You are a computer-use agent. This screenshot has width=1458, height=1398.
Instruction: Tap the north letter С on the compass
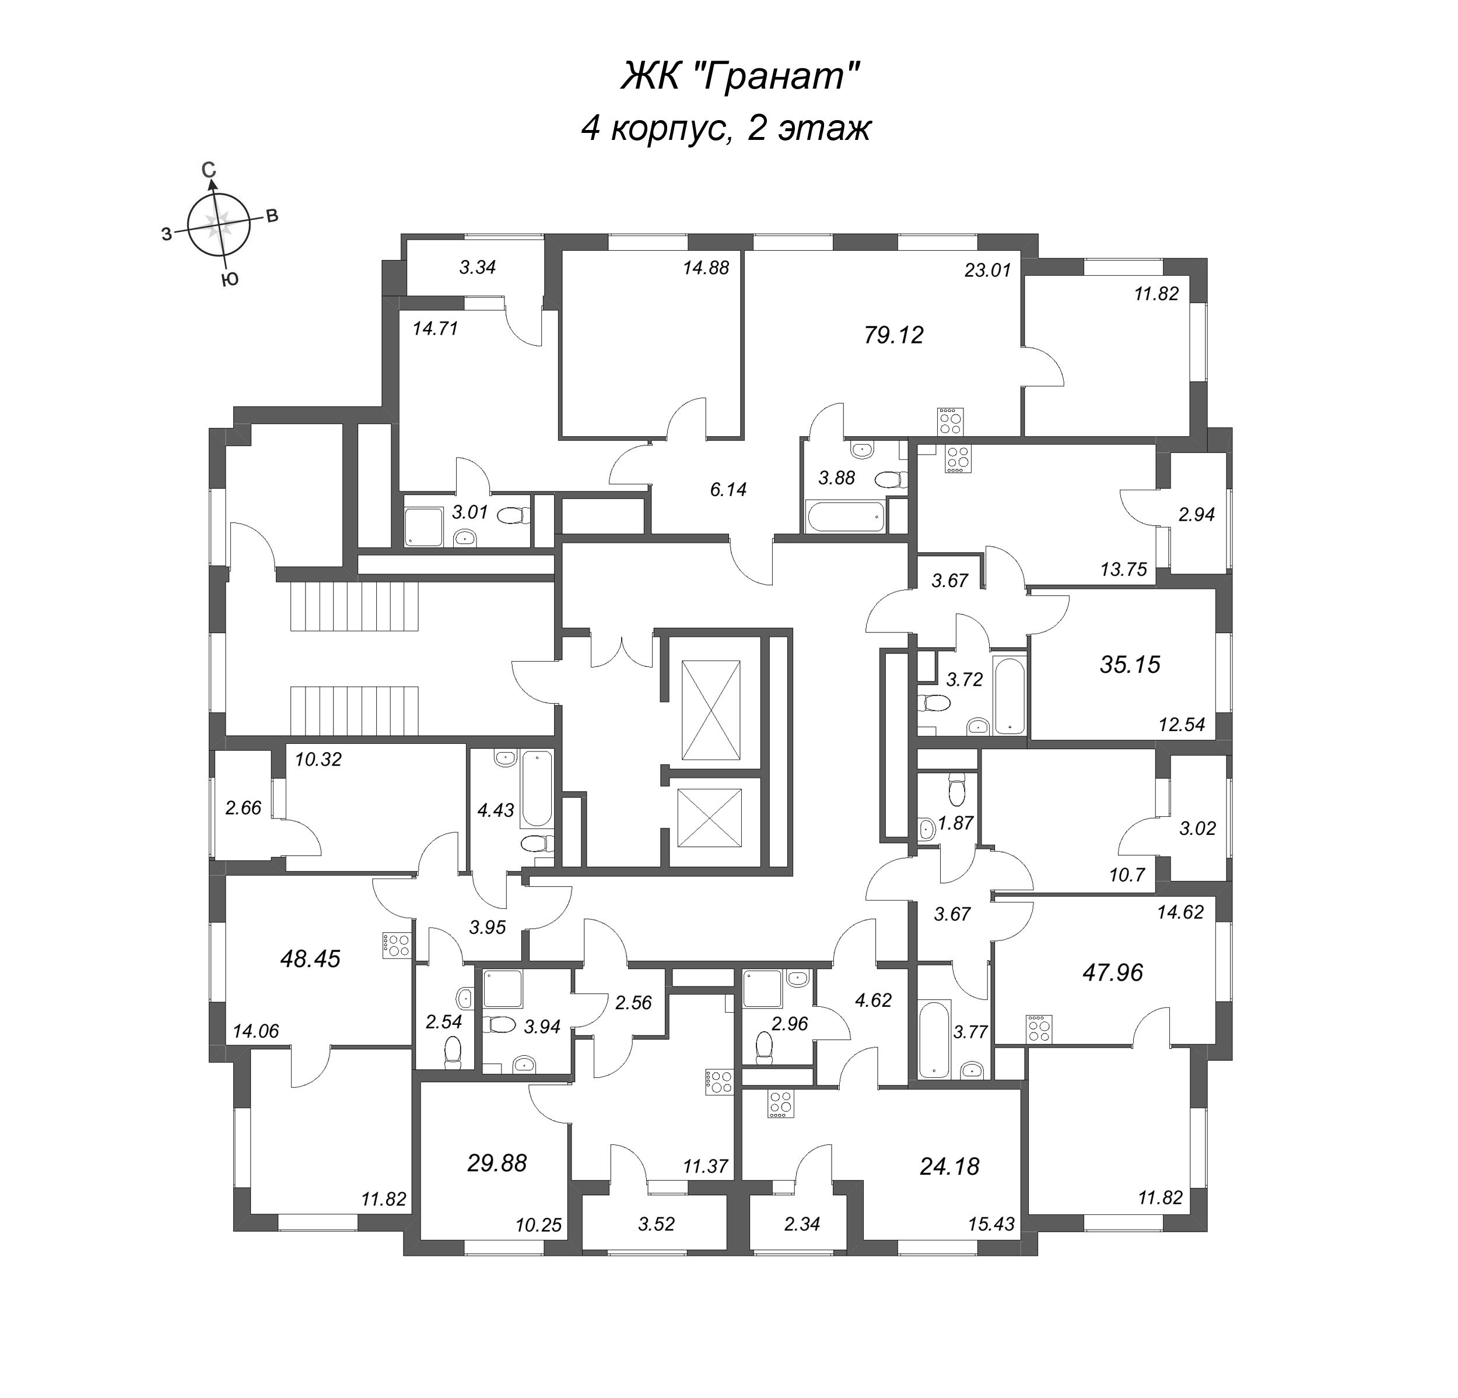210,170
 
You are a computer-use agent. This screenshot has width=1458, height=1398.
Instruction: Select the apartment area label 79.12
893,335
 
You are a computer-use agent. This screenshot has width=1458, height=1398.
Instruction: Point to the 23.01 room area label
987,270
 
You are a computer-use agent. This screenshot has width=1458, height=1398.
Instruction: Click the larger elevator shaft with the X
710,710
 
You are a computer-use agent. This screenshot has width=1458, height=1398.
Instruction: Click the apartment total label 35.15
1129,664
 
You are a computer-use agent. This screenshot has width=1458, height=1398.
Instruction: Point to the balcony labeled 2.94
1196,514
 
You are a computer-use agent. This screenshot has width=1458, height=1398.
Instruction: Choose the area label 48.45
310,958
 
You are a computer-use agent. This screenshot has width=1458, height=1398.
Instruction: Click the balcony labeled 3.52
656,1223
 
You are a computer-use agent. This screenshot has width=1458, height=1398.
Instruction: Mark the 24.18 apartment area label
949,1166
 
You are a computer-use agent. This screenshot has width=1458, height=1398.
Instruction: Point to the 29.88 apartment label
497,1162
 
